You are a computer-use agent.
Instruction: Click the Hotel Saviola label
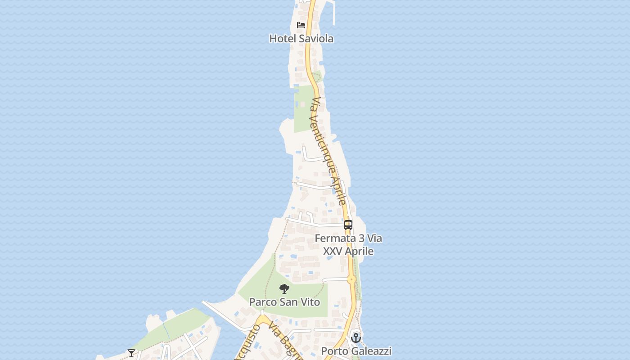301,39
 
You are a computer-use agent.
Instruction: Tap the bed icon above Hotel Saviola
301,25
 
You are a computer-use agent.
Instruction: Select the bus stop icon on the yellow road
348,225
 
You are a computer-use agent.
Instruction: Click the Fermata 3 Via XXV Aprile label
348,244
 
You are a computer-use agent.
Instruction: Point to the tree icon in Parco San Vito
284,289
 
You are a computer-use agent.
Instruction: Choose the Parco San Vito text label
284,302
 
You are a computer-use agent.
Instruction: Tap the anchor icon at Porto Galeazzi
356,337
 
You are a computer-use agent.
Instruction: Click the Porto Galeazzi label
356,351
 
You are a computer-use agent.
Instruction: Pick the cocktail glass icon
131,353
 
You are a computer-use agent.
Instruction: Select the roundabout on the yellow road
351,279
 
